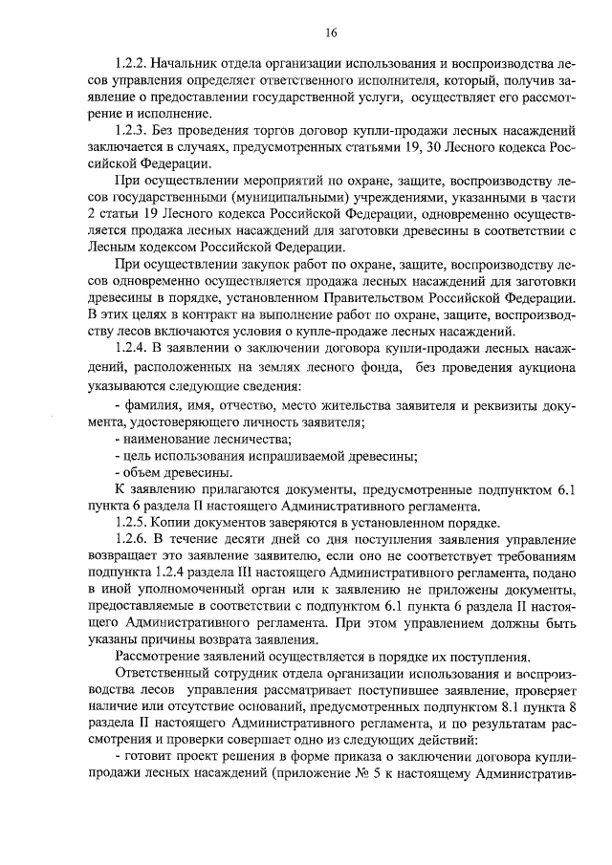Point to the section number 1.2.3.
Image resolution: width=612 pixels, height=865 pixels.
click(130, 130)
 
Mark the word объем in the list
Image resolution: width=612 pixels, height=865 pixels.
click(140, 472)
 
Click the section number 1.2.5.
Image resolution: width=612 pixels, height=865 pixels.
click(130, 524)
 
